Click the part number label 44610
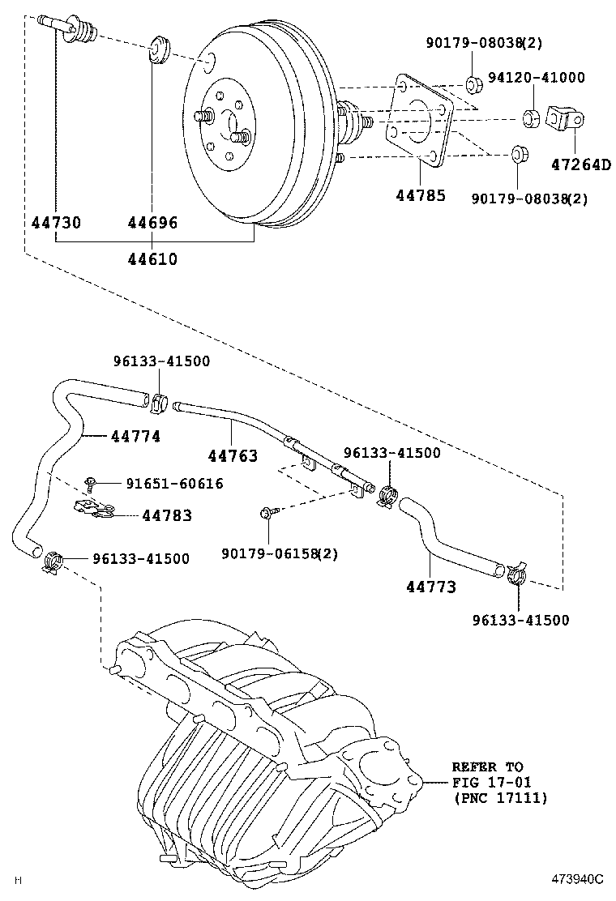pos(152,259)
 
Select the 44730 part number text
pos(56,222)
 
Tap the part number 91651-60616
pos(174,484)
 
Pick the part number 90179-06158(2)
pos(279,554)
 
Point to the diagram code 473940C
pos(578,879)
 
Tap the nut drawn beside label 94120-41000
pos(531,118)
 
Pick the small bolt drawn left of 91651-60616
pos(94,484)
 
